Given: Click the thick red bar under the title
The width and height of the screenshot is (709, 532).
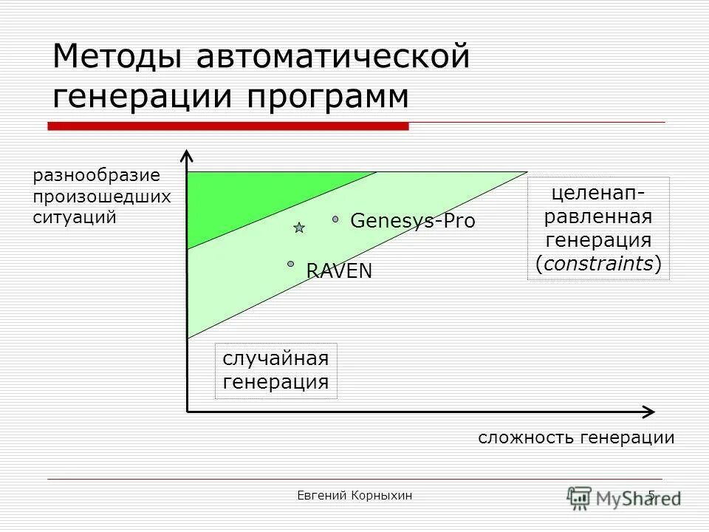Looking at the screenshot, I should click(x=228, y=126).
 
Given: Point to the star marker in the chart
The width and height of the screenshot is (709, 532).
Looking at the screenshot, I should click(x=299, y=228).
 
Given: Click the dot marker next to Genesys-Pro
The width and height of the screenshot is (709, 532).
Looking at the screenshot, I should click(x=335, y=219).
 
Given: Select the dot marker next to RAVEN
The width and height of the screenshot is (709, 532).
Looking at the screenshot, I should click(x=291, y=263).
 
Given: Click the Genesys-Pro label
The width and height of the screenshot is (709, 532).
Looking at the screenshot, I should click(x=412, y=221).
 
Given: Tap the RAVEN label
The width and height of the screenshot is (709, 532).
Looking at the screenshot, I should click(x=339, y=271).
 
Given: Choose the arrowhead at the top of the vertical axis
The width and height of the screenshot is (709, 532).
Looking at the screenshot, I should click(x=187, y=156).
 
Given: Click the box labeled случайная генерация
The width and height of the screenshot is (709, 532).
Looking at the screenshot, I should click(x=275, y=371).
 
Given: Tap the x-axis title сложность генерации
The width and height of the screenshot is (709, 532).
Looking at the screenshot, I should click(x=576, y=437).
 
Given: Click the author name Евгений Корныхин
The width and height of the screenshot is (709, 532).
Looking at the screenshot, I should click(x=354, y=496).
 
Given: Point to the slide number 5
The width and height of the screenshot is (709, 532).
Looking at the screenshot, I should click(x=651, y=495).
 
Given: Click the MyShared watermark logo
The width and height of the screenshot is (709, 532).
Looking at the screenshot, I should click(x=624, y=497).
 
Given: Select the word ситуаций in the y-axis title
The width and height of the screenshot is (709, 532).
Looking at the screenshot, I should click(x=75, y=217).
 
